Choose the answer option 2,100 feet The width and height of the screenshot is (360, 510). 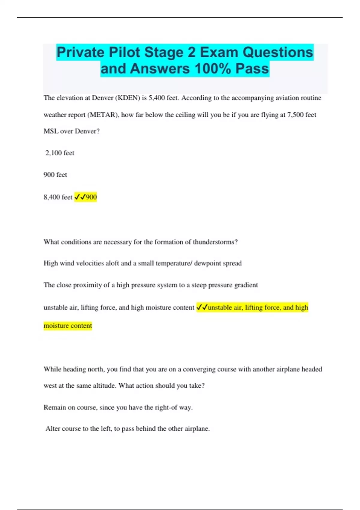(x=60, y=153)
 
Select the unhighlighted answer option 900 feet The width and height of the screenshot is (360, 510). (x=55, y=175)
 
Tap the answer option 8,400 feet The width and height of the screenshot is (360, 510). (x=58, y=197)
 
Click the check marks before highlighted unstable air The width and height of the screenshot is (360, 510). (x=202, y=307)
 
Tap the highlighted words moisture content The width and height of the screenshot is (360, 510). (x=68, y=326)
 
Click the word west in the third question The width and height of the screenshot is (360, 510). (x=50, y=386)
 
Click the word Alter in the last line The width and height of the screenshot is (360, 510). (x=53, y=429)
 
